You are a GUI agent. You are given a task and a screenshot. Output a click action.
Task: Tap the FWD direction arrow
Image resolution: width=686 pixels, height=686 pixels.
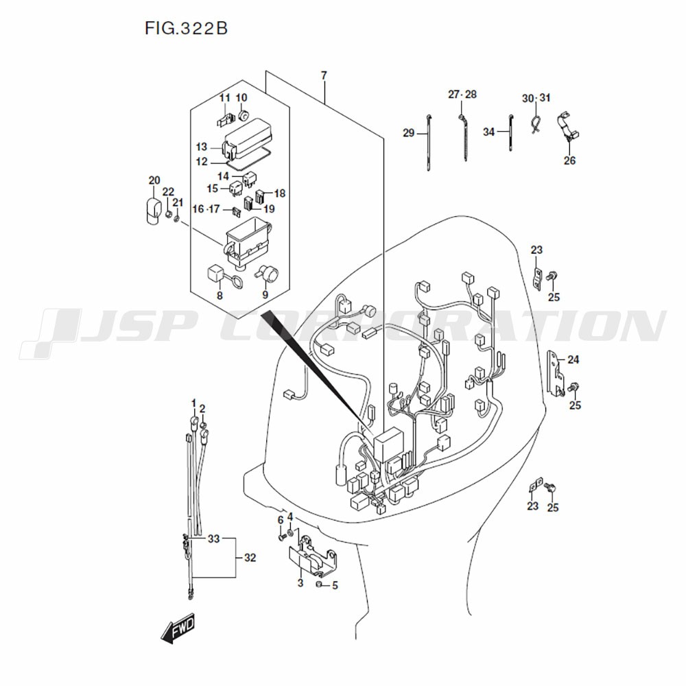point(178,629)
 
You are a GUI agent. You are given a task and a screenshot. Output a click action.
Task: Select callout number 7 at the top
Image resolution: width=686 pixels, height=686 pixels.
point(324,75)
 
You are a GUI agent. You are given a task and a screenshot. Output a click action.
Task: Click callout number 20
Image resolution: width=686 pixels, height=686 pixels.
point(154,180)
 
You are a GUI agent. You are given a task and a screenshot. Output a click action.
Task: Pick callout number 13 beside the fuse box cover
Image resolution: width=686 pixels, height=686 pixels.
point(201,147)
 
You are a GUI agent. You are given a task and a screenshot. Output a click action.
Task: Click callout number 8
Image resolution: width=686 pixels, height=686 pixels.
point(220,296)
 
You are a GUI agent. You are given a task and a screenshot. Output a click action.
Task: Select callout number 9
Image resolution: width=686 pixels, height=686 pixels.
point(265,296)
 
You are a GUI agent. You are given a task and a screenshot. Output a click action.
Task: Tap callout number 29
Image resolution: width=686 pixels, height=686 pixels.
point(409,133)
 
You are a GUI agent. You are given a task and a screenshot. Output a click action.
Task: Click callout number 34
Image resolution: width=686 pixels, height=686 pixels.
point(488,132)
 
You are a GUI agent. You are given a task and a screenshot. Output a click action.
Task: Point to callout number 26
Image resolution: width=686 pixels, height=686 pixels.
point(569,161)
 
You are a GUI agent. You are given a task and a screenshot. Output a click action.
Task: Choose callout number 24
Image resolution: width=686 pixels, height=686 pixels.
point(573,359)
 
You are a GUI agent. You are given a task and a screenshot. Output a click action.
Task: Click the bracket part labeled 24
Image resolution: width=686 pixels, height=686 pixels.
point(554,371)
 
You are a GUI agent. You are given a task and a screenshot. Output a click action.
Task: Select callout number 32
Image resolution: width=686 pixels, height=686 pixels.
point(250,558)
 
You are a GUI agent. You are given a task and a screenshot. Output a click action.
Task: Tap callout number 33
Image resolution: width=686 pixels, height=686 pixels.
point(213,539)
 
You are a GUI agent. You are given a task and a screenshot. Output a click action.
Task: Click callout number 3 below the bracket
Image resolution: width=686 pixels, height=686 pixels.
point(300,583)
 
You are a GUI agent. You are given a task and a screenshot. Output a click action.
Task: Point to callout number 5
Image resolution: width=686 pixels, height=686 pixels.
point(335,586)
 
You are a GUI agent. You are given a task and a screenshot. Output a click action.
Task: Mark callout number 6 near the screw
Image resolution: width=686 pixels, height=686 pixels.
point(280,521)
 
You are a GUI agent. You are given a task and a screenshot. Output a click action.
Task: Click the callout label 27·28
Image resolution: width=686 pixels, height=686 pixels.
point(462,94)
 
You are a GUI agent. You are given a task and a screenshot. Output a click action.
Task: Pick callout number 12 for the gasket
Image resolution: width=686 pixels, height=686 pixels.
point(201,162)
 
